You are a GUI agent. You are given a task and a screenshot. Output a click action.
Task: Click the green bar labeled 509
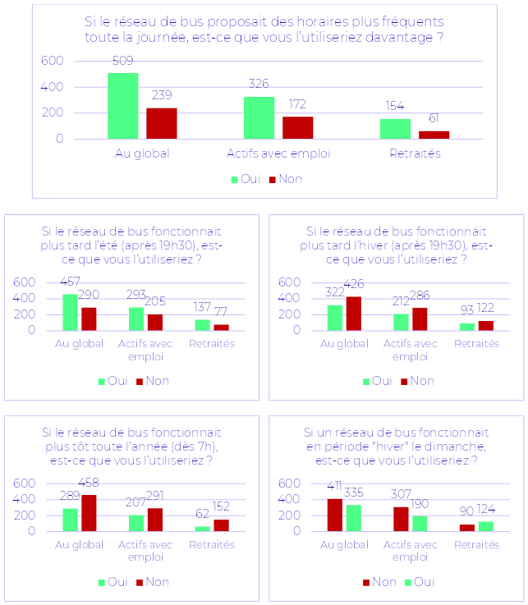pos(122,106)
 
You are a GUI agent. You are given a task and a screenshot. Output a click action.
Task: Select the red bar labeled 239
pos(162,123)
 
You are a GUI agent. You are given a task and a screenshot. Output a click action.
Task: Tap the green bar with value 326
pos(259,117)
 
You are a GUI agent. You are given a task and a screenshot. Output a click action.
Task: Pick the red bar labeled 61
pos(434,135)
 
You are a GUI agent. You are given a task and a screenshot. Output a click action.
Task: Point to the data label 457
pos(71,282)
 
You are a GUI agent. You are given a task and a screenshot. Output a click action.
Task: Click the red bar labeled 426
pos(354,314)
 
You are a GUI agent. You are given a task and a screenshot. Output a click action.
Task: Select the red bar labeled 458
pos(89,513)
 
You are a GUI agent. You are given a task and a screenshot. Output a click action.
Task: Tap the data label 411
pos(334,487)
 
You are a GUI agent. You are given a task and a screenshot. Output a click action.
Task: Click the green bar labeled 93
pos(466,327)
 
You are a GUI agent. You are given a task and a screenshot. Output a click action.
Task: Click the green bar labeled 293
pos(136,319)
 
